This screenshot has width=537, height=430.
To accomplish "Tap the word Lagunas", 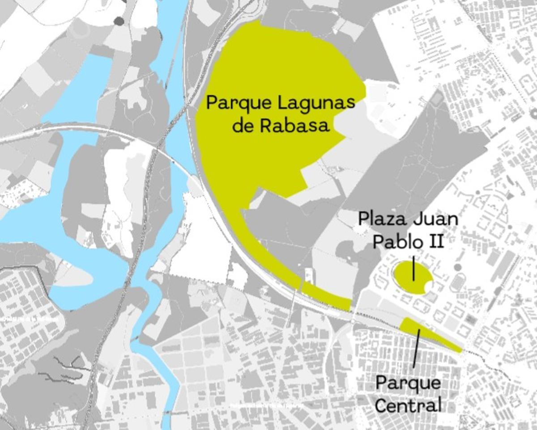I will [316, 104].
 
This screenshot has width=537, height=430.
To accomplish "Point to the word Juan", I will [435, 220].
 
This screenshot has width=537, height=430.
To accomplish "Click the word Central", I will [408, 405].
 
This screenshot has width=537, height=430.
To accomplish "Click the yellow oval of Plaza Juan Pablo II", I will [405, 277].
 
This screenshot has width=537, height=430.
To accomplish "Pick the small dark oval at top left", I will [119, 21].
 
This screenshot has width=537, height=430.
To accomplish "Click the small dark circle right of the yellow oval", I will [457, 267].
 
